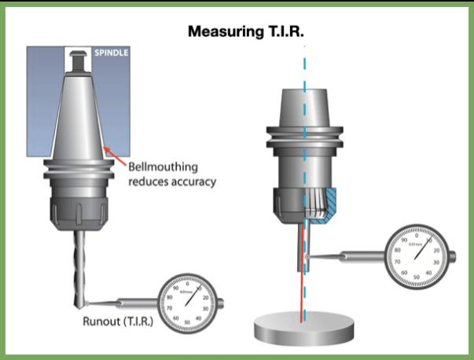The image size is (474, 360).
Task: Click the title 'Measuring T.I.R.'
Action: tap(246, 32)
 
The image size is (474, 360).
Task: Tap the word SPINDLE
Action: tap(111, 54)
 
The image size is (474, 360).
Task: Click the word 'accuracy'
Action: tap(191, 182)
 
